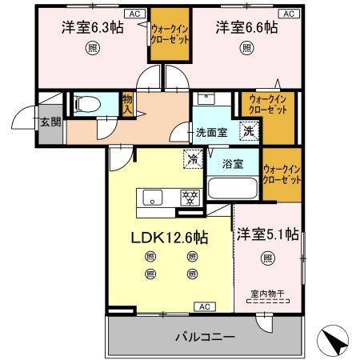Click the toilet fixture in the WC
[87, 104]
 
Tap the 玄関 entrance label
[50, 122]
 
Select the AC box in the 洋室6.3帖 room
[135, 14]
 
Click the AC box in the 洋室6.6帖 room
[289, 14]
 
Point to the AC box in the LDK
[205, 306]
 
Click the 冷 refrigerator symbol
[193, 159]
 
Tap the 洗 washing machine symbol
[249, 131]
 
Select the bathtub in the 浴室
[233, 188]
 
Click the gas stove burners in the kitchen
[190, 198]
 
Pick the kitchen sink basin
[153, 198]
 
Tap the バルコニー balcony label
[205, 337]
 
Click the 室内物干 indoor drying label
[268, 294]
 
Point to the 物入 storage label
[127, 105]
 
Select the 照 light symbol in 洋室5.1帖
[268, 258]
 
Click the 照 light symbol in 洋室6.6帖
[246, 48]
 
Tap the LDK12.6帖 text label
[170, 237]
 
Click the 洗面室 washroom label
[212, 133]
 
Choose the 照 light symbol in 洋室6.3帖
[93, 48]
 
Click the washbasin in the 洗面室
[206, 98]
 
